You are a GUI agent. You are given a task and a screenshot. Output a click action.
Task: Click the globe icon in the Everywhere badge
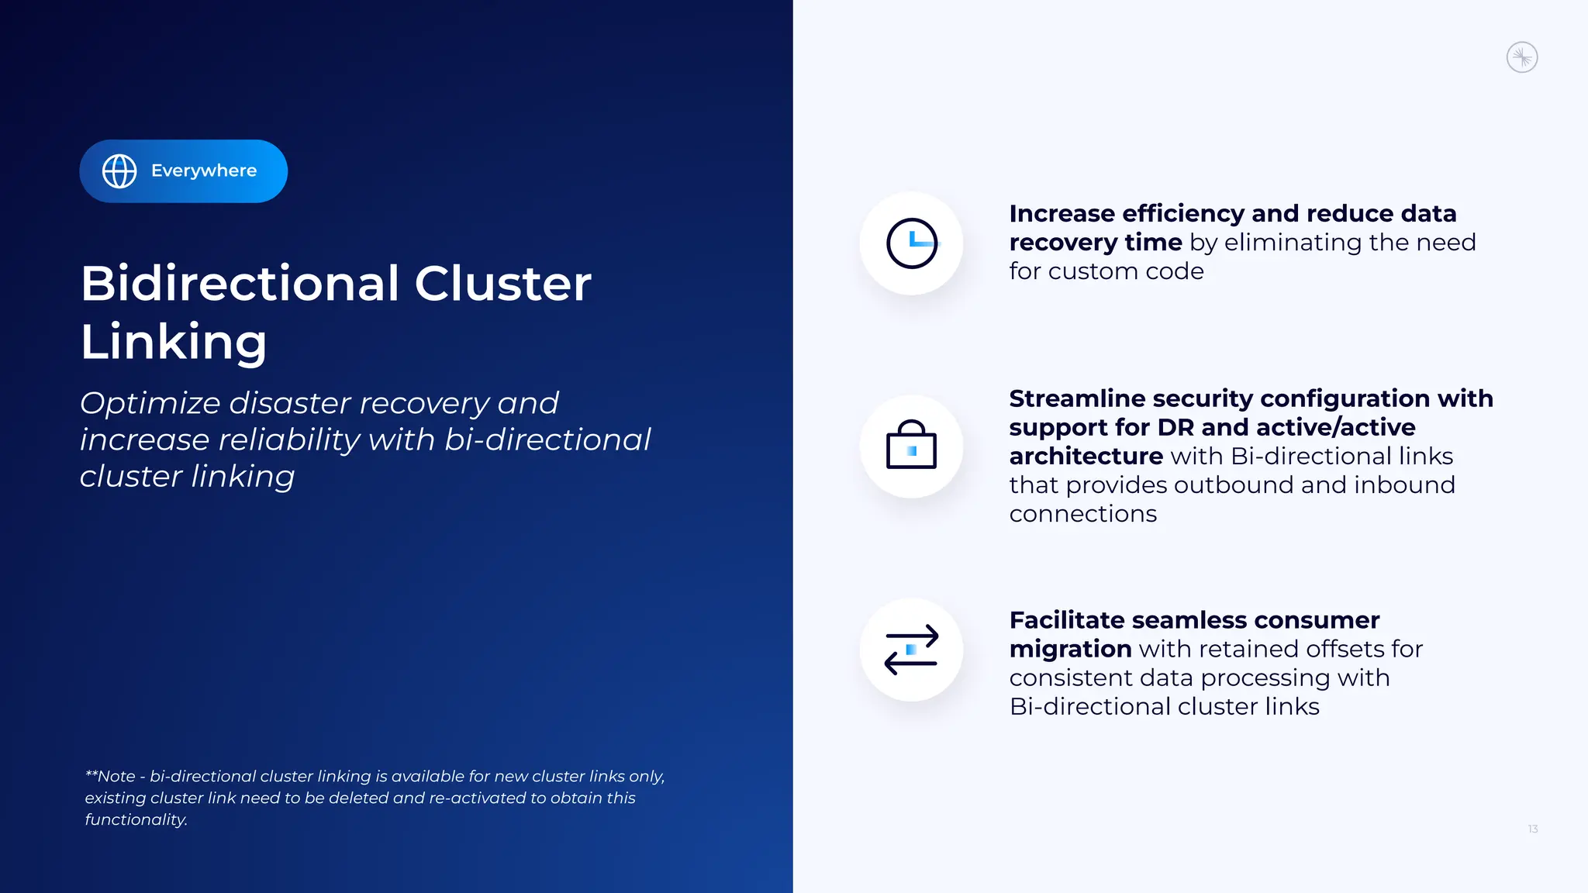tap(119, 171)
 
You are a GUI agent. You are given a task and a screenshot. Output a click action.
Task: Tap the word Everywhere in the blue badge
tap(204, 171)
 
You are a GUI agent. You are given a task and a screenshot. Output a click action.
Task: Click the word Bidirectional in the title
tap(240, 284)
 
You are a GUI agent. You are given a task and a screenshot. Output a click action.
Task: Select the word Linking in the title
tap(174, 343)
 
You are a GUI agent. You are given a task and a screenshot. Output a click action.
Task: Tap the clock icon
tap(912, 243)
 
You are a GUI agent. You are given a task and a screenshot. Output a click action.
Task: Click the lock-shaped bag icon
tap(911, 446)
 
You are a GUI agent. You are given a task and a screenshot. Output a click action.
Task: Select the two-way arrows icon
tap(911, 650)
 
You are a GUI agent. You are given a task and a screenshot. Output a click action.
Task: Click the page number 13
tap(1532, 829)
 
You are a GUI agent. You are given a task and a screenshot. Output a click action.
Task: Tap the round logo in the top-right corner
tap(1521, 57)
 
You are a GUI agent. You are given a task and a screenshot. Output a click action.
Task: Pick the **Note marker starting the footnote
tap(110, 777)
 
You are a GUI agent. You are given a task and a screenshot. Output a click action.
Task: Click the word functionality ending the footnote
tap(136, 820)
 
